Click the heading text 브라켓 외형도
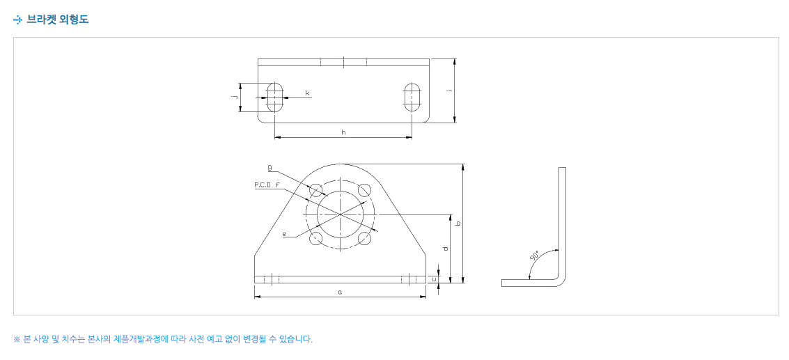tap(58, 19)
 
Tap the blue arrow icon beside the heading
tap(18, 20)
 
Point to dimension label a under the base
tap(340, 292)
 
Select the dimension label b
tap(458, 223)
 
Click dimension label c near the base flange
tap(433, 279)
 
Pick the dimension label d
tap(445, 249)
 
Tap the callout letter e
tap(284, 234)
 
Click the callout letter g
tap(270, 166)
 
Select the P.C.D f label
tap(267, 185)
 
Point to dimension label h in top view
tap(343, 132)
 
